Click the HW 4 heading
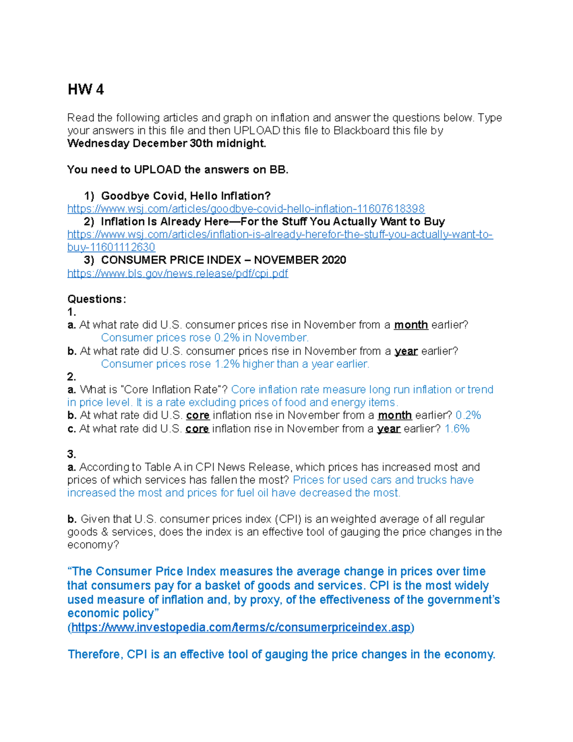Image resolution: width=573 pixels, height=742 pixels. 85,89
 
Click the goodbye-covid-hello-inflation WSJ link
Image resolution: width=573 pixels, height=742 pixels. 246,209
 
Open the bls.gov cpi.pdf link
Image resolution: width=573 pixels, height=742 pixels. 178,273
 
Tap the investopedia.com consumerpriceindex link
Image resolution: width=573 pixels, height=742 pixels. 241,627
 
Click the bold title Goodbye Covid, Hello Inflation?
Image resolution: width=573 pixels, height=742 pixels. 186,196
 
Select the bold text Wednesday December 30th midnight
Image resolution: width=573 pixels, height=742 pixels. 167,143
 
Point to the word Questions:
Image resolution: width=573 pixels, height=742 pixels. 97,299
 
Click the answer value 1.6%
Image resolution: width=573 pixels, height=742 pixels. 457,429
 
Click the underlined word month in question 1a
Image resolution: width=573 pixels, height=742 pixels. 411,325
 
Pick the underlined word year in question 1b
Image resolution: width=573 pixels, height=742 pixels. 406,351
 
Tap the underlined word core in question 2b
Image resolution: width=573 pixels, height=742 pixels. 198,415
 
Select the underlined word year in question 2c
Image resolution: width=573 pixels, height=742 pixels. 389,429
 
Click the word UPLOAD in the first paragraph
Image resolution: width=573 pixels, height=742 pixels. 256,130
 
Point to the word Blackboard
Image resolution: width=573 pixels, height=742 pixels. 361,130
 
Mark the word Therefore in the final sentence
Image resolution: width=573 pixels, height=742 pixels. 95,654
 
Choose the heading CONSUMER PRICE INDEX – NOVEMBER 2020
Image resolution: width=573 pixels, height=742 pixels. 223,260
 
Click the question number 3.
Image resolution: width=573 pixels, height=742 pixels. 72,454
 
